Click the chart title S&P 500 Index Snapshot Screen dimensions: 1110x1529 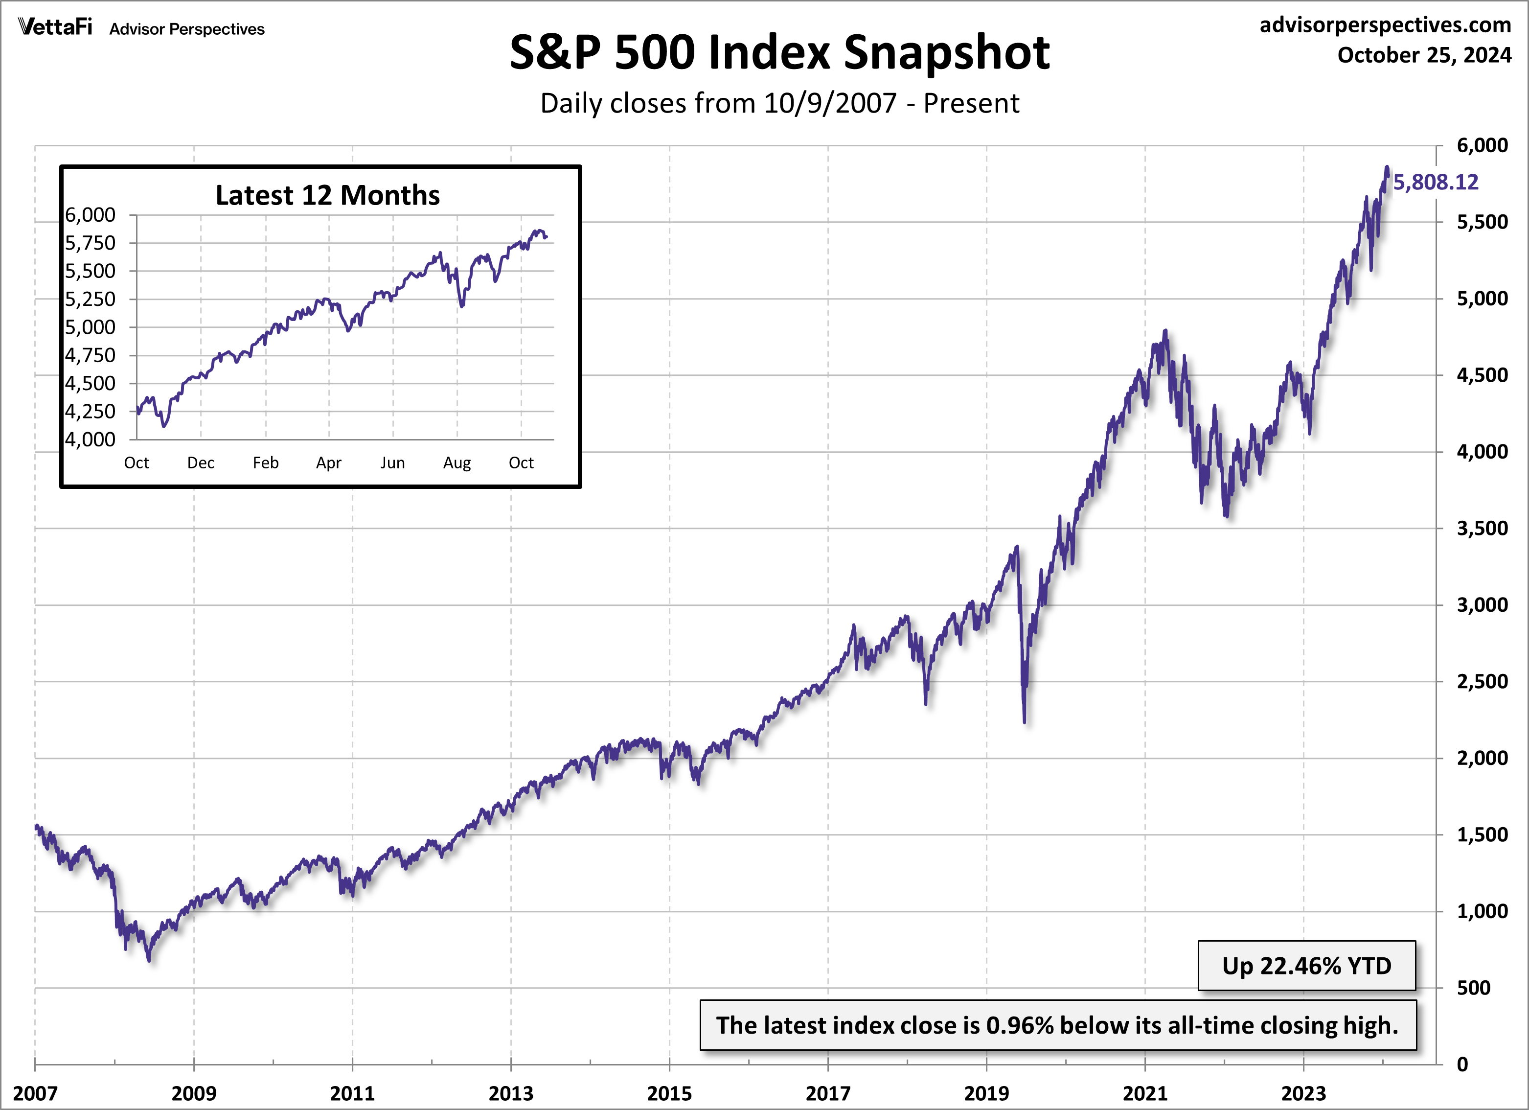pyautogui.click(x=779, y=52)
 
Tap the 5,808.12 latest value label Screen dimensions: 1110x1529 pyautogui.click(x=1435, y=182)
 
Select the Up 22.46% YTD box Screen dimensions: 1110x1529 pyautogui.click(x=1306, y=966)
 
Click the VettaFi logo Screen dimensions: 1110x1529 pyautogui.click(x=55, y=27)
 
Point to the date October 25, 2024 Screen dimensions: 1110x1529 pyautogui.click(x=1424, y=55)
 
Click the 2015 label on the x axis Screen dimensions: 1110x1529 pyautogui.click(x=669, y=1093)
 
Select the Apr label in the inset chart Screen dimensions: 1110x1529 pyautogui.click(x=329, y=462)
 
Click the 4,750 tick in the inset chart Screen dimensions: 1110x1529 pyautogui.click(x=91, y=355)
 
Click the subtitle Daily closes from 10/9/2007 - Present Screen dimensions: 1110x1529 pyautogui.click(x=779, y=103)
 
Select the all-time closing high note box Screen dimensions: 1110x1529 pyautogui.click(x=1058, y=1025)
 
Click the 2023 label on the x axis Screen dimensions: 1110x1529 pyautogui.click(x=1303, y=1093)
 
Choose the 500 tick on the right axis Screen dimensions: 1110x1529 pyautogui.click(x=1473, y=988)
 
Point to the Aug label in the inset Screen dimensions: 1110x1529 pyautogui.click(x=456, y=462)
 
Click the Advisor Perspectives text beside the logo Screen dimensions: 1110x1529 pyautogui.click(x=187, y=29)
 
